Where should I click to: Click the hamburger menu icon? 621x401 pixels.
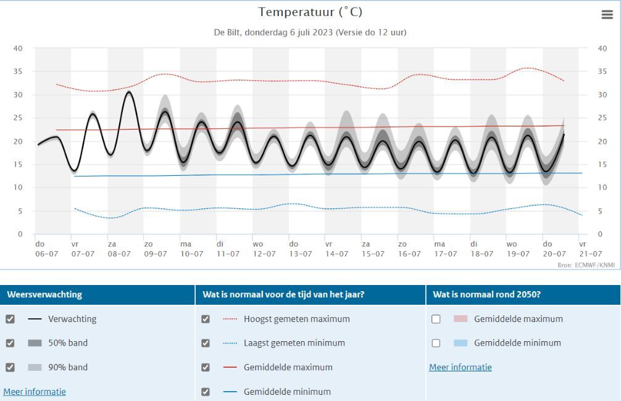(x=607, y=15)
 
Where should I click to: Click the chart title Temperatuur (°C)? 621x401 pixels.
(x=310, y=12)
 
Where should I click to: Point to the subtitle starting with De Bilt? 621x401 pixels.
(x=310, y=33)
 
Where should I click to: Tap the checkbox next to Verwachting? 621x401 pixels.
(x=10, y=319)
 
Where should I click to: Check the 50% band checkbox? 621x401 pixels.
(x=10, y=343)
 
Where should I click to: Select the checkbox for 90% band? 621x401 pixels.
(x=10, y=367)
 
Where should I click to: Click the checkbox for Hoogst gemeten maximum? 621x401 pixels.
(x=206, y=319)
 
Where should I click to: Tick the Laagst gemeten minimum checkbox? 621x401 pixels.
(x=206, y=343)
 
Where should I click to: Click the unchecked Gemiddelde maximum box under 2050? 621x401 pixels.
(x=436, y=319)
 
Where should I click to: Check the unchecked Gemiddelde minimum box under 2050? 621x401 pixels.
(x=436, y=343)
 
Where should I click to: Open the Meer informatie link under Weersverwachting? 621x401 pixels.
(x=35, y=392)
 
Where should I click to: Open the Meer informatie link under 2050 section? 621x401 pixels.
(x=461, y=367)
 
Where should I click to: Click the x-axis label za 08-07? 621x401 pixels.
(x=119, y=249)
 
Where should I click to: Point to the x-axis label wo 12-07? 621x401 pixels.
(x=264, y=249)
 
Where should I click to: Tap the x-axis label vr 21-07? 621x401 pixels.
(x=591, y=249)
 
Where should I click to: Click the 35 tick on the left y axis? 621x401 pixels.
(x=18, y=72)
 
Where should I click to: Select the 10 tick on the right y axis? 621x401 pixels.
(x=602, y=188)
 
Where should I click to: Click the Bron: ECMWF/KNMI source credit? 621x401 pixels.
(x=586, y=265)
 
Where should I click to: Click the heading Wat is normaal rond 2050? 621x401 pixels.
(x=487, y=294)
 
